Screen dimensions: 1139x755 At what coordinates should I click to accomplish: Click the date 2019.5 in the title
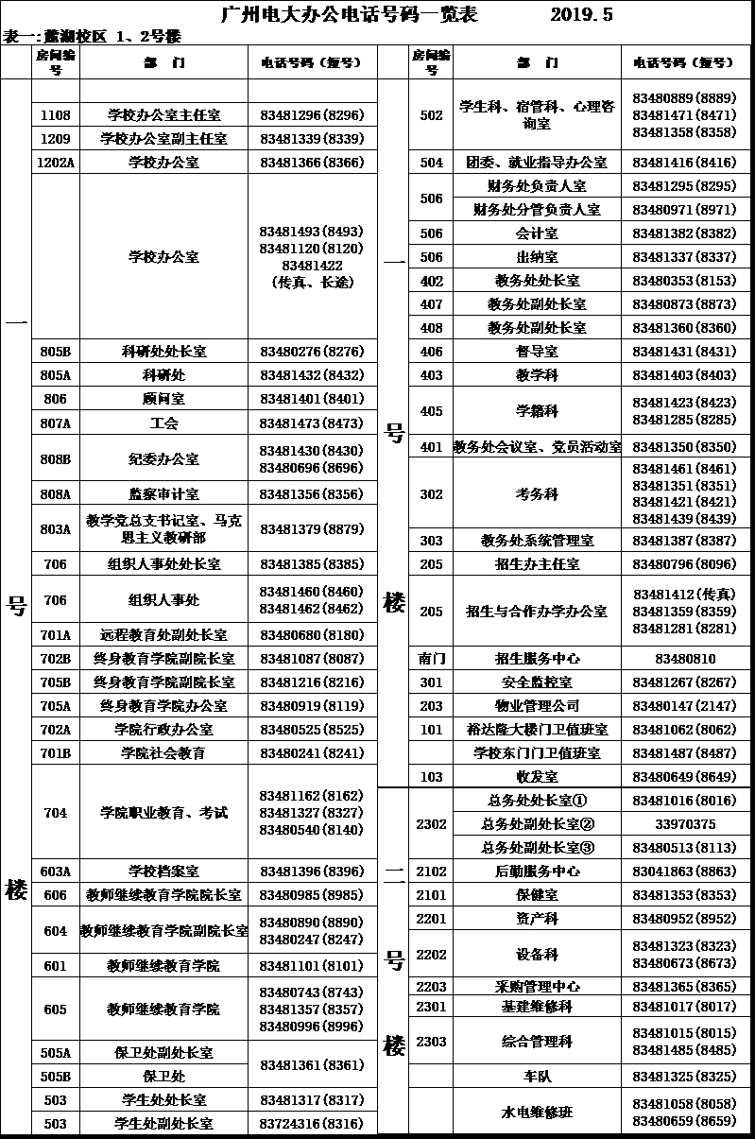[581, 14]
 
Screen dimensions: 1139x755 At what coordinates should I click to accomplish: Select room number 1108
[56, 115]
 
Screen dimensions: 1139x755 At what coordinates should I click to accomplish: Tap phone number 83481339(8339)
[311, 139]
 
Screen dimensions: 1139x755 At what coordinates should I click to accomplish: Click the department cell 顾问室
[163, 399]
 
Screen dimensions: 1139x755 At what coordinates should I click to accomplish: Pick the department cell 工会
[163, 423]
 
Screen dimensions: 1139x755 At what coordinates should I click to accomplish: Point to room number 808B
[56, 458]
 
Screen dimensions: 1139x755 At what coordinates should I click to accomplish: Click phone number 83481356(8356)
[311, 493]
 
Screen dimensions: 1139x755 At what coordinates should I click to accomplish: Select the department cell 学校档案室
[163, 871]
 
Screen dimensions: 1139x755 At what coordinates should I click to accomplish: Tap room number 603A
[56, 871]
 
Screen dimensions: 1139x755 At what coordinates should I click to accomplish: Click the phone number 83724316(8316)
[311, 1124]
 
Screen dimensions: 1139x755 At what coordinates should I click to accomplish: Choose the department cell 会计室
[536, 233]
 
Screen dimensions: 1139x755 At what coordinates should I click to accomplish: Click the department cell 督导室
[536, 352]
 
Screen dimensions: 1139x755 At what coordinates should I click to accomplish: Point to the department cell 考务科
[536, 493]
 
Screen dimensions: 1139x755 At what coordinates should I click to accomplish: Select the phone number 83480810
[684, 659]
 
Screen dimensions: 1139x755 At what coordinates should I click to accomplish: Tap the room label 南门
[431, 659]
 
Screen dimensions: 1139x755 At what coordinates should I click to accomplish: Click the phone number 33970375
[684, 824]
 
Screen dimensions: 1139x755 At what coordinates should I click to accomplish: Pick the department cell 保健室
[536, 894]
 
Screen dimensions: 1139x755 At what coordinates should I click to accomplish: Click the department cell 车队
[536, 1077]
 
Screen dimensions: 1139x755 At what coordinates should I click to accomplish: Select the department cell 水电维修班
[536, 1113]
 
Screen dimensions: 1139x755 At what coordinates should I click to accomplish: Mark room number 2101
[431, 894]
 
